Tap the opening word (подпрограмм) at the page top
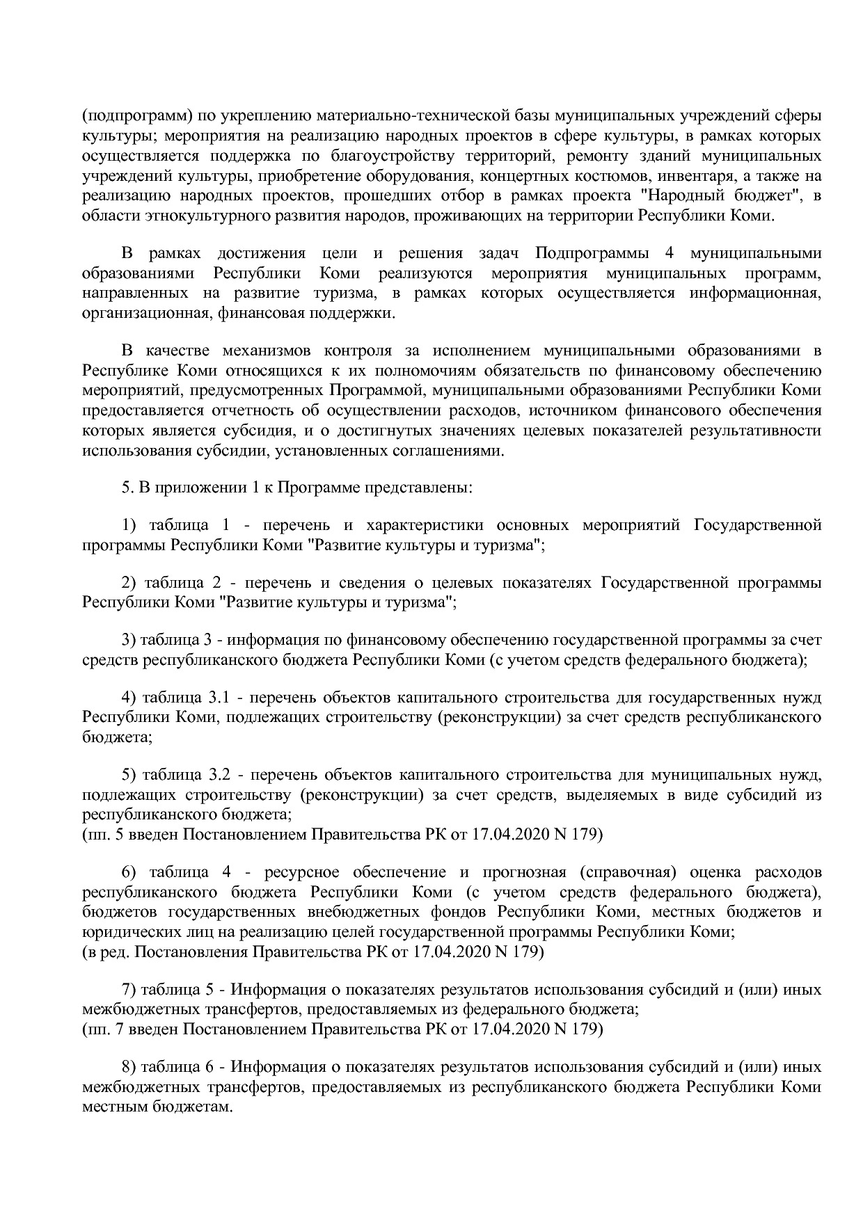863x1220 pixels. coord(136,115)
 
